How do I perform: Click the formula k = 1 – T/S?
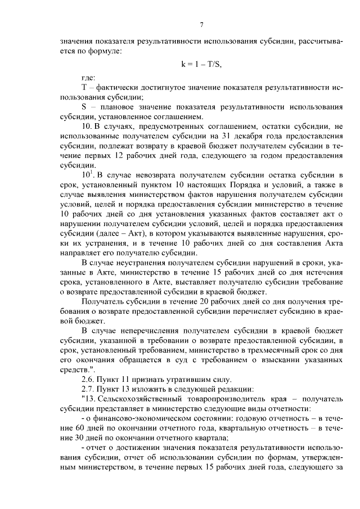coord(201,64)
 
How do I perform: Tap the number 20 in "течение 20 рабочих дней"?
coord(184,303)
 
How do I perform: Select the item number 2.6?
coord(89,381)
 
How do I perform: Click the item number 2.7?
coord(89,391)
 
